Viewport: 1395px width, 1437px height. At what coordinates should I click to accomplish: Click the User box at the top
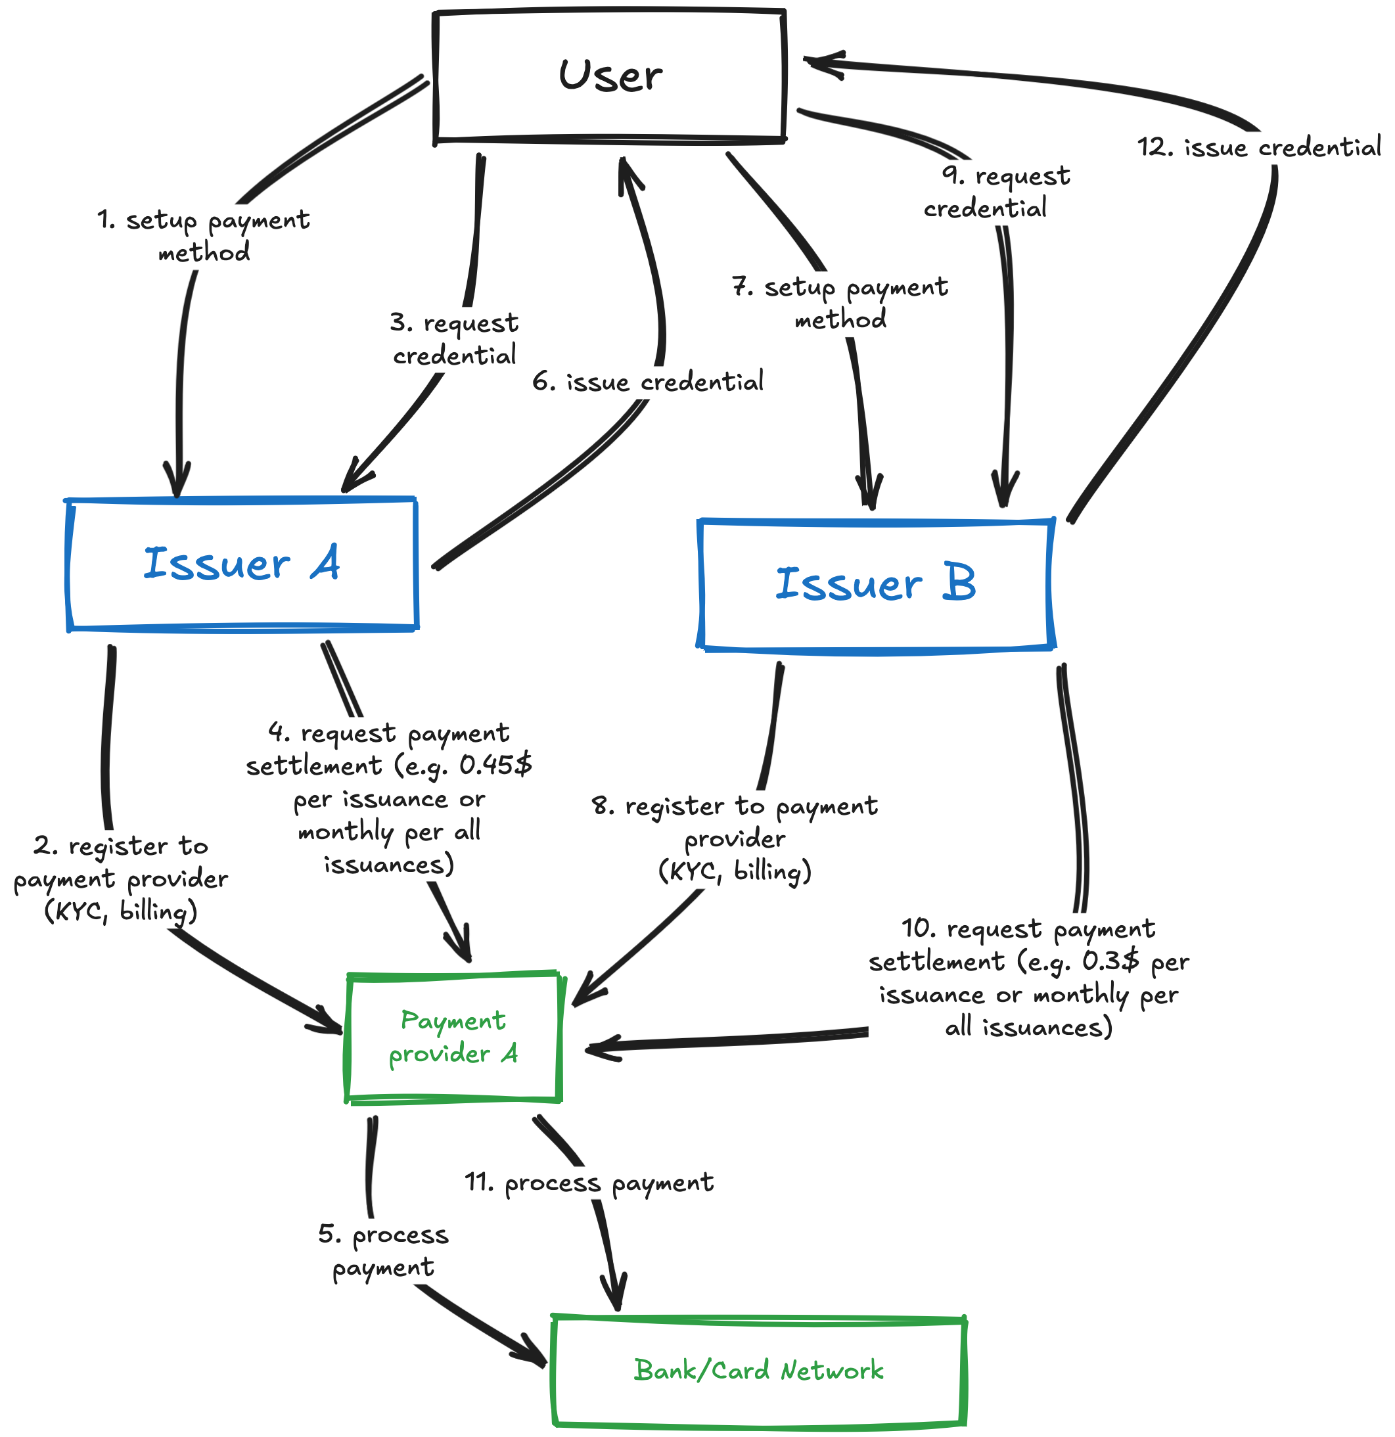[610, 76]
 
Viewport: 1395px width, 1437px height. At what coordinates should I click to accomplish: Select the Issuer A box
[242, 564]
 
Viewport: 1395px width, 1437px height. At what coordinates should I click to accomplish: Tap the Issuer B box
[875, 584]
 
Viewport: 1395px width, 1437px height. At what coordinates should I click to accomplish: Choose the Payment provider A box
[453, 1037]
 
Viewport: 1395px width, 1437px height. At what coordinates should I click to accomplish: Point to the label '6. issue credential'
[648, 382]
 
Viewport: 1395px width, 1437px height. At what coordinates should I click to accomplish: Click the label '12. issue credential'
[1258, 147]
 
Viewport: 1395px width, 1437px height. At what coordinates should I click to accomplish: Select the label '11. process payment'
[589, 1183]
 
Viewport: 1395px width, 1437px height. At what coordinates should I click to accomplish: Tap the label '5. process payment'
[382, 1251]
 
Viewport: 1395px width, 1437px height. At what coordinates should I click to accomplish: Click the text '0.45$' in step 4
[495, 765]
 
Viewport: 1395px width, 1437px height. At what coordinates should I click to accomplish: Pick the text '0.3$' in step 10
[1110, 961]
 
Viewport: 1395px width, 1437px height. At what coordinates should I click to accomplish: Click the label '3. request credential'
[455, 340]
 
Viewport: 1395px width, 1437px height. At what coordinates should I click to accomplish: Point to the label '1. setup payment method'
[204, 236]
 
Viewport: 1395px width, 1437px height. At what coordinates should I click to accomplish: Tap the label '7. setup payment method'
[840, 303]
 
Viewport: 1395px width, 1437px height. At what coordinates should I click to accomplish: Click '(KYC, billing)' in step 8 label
[735, 872]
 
